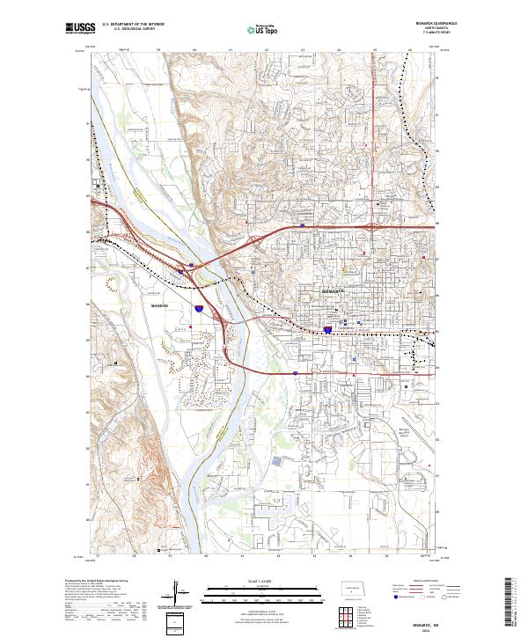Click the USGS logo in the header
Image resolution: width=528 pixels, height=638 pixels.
click(x=80, y=28)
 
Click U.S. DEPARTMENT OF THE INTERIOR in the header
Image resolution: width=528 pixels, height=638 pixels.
click(x=132, y=25)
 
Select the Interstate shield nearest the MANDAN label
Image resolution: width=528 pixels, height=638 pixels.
click(x=200, y=309)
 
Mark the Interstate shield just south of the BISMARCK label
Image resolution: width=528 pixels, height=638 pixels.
click(x=327, y=330)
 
